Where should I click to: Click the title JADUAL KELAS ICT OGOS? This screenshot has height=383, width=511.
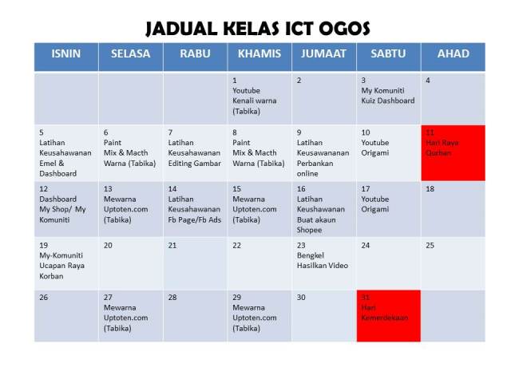tap(257, 29)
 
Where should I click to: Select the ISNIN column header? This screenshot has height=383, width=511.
tap(65, 54)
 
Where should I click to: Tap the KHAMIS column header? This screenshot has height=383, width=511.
tap(259, 54)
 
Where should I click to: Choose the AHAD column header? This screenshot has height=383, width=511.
tap(453, 54)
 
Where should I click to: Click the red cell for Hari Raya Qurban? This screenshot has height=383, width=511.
tap(453, 152)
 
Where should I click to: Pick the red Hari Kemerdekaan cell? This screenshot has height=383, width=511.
tap(388, 316)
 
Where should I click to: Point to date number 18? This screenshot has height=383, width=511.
tap(430, 189)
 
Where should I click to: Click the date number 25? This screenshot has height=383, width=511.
tap(430, 245)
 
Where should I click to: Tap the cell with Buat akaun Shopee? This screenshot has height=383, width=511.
tap(323, 209)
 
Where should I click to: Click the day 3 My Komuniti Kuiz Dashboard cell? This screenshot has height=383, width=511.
tap(388, 98)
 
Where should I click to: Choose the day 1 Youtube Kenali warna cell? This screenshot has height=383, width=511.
tap(259, 98)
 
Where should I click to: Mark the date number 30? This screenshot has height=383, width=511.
tap(300, 298)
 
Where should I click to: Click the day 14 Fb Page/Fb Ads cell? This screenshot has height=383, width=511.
tap(195, 209)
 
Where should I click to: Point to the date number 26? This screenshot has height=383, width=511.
tap(44, 298)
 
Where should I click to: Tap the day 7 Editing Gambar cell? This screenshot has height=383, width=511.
tap(195, 152)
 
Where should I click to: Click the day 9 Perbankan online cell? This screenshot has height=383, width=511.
tap(323, 152)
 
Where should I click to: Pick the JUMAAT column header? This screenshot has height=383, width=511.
tap(323, 54)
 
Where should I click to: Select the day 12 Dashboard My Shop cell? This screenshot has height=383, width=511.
tap(65, 209)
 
